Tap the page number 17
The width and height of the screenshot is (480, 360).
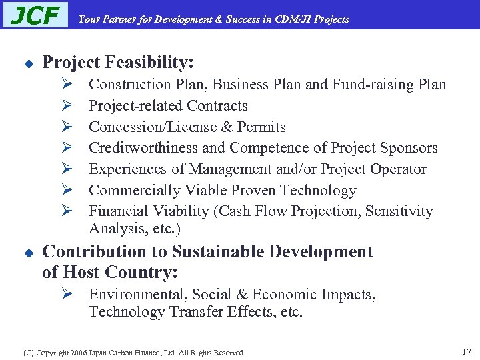466,351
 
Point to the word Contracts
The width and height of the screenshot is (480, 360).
217,106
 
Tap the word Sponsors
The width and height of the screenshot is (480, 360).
409,148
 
